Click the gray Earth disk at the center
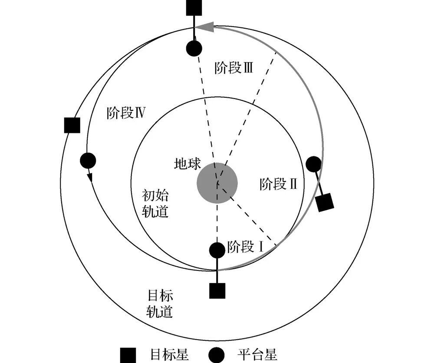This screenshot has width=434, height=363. click(x=217, y=183)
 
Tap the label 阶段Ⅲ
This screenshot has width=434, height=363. click(x=234, y=68)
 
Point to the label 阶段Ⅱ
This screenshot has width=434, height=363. click(x=278, y=184)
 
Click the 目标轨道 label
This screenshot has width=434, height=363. click(x=160, y=304)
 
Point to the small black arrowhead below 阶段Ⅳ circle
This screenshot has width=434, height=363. click(x=90, y=177)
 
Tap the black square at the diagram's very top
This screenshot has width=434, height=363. click(x=194, y=7)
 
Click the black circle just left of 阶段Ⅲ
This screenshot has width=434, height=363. click(x=194, y=48)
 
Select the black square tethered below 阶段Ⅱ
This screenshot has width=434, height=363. click(x=325, y=202)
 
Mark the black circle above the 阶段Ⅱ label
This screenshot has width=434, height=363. click(x=313, y=164)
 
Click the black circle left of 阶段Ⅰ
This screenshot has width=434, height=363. click(x=217, y=250)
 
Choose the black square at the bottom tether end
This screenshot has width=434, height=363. click(x=217, y=290)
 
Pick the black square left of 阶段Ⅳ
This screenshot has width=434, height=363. click(x=72, y=125)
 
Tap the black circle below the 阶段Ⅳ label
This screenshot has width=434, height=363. click(x=88, y=161)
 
